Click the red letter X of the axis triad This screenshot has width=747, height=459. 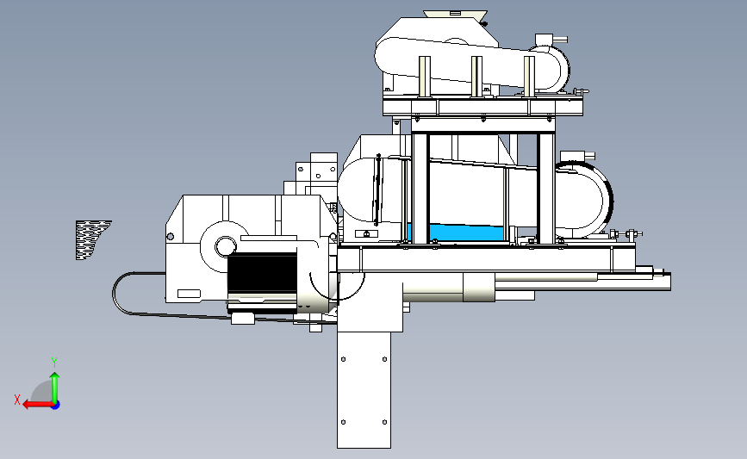coord(17,400)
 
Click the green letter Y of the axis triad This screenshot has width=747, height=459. coord(54,363)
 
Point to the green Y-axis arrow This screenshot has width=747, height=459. coord(55,388)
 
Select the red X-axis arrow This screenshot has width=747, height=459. coord(38,405)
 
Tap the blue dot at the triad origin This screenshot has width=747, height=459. coord(56,406)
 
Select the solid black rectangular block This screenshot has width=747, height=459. coord(262,272)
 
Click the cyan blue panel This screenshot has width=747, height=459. coord(456,233)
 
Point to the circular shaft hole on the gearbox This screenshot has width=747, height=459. coord(225,246)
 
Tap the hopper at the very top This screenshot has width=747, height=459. coord(455,15)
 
